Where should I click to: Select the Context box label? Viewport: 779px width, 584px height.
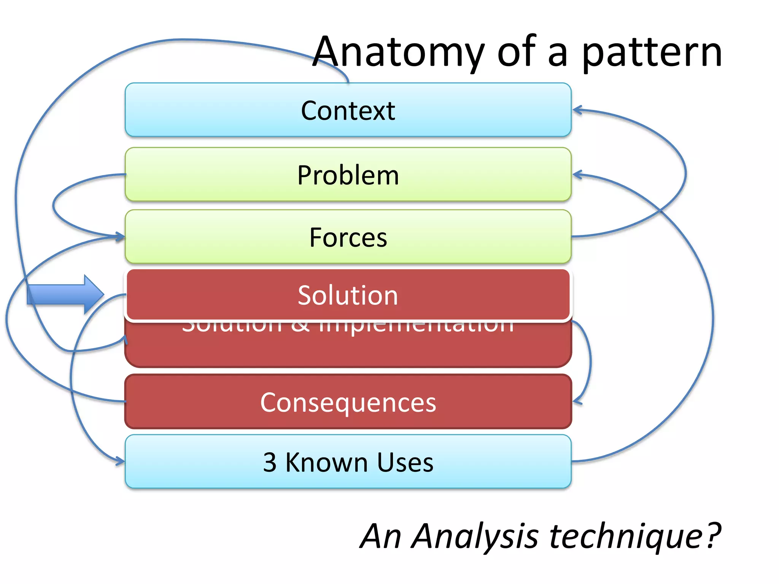click(348, 111)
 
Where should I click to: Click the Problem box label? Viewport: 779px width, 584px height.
click(348, 175)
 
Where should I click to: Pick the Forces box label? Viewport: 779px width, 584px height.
click(348, 238)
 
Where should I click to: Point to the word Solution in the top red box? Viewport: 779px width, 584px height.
click(348, 295)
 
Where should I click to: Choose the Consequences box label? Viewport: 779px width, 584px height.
click(348, 402)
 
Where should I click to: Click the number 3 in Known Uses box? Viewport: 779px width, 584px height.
click(270, 463)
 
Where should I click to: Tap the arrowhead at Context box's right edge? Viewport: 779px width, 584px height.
click(577, 110)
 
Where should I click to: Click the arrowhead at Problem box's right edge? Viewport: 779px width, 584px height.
click(577, 175)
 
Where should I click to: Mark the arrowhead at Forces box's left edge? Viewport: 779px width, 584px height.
click(120, 237)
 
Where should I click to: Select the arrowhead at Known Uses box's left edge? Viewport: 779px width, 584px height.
click(120, 462)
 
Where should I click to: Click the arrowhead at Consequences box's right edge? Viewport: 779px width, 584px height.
click(577, 401)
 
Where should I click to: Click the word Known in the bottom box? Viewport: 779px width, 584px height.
click(326, 463)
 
